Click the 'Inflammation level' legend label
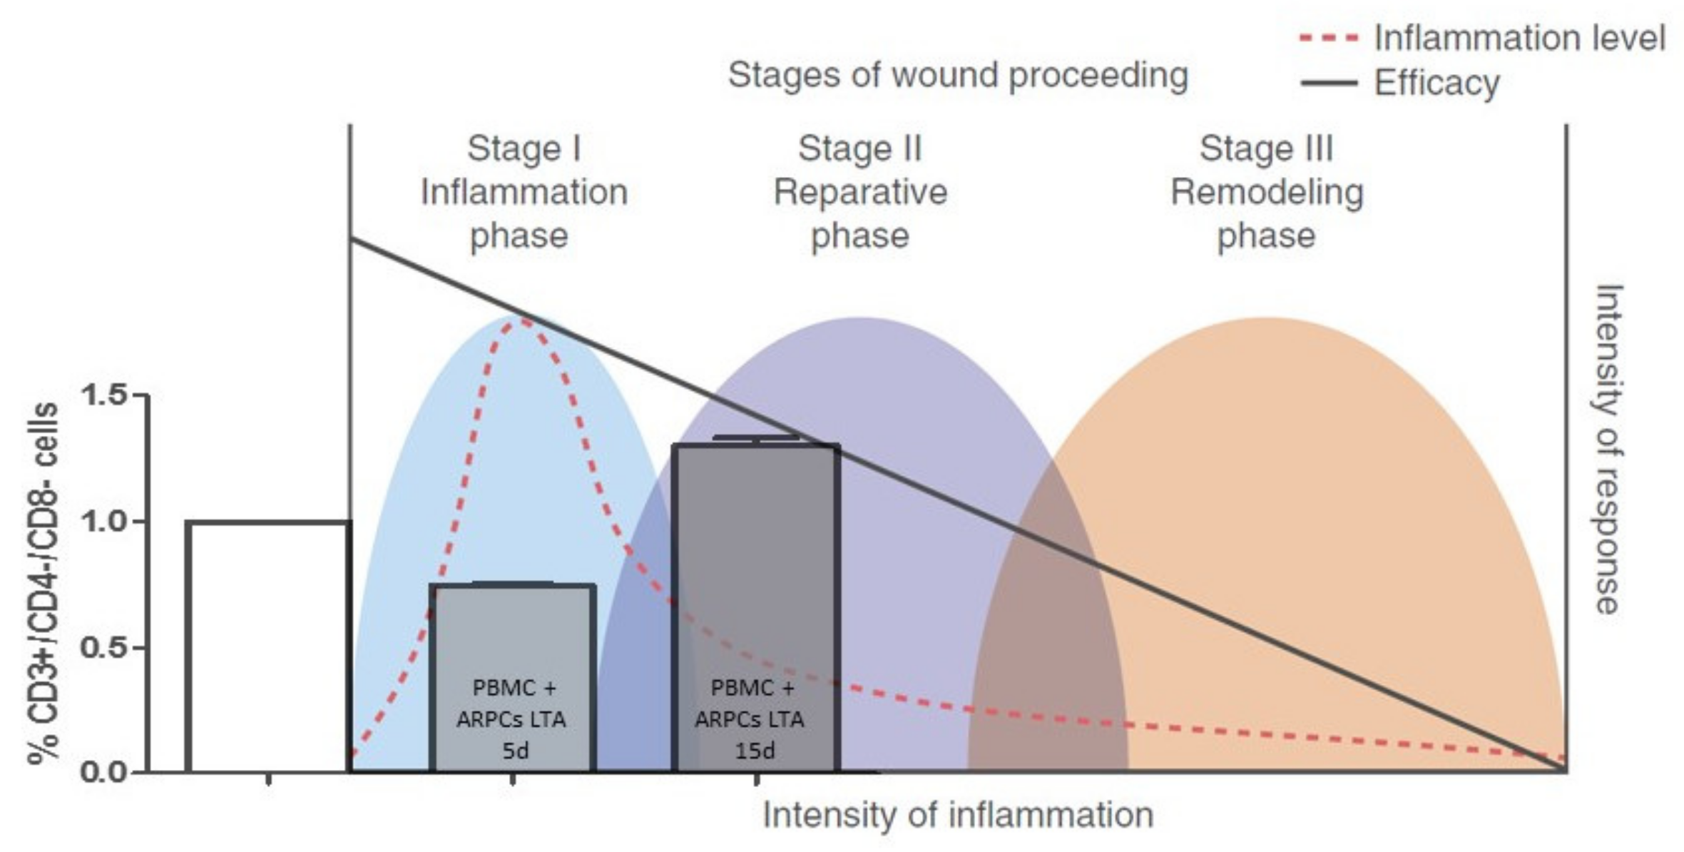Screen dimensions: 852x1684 click(x=1519, y=38)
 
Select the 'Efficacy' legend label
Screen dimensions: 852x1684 click(x=1436, y=83)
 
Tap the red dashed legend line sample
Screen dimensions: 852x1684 click(x=1328, y=38)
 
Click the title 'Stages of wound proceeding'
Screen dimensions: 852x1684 click(x=957, y=75)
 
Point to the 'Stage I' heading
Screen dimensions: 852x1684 click(x=524, y=149)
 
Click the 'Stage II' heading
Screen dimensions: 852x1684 click(x=859, y=149)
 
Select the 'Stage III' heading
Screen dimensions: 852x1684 click(x=1266, y=149)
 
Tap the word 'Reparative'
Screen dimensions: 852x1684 click(x=859, y=192)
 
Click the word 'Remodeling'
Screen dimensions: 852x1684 click(x=1267, y=192)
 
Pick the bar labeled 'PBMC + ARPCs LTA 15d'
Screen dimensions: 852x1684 click(x=756, y=571)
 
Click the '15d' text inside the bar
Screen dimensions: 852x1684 click(x=755, y=751)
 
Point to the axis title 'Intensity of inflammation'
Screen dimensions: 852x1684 click(x=958, y=815)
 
